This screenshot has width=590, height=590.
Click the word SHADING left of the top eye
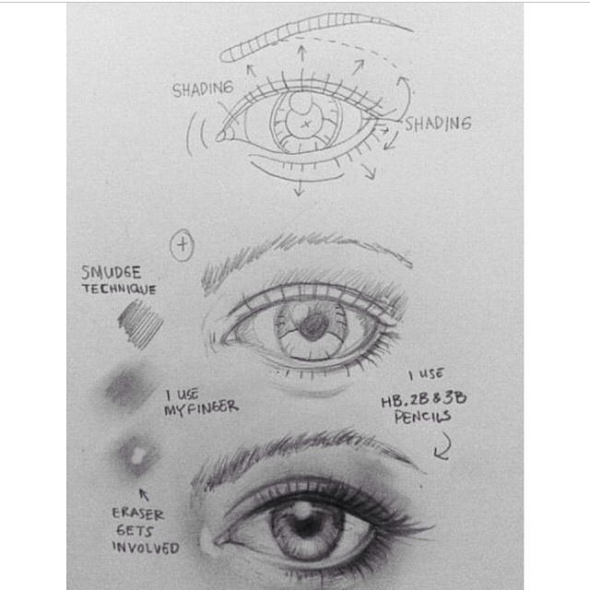(203, 89)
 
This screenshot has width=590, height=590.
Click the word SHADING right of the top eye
(438, 123)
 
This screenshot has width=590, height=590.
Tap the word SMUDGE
(112, 273)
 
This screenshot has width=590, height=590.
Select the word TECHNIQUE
(119, 289)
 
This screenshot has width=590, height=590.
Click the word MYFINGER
(201, 408)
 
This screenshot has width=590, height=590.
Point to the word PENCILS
(422, 417)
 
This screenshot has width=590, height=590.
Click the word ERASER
(138, 513)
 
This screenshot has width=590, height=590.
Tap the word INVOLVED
(146, 548)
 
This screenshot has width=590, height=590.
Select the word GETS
(135, 531)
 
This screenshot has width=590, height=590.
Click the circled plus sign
(183, 245)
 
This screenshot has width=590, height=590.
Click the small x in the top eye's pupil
(306, 124)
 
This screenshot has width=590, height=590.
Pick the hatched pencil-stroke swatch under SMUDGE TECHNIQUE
(141, 324)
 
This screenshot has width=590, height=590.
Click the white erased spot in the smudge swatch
(137, 455)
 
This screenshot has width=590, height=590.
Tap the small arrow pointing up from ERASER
(144, 494)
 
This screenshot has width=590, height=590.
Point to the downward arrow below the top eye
(299, 187)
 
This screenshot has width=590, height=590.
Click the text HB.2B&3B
(424, 399)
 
